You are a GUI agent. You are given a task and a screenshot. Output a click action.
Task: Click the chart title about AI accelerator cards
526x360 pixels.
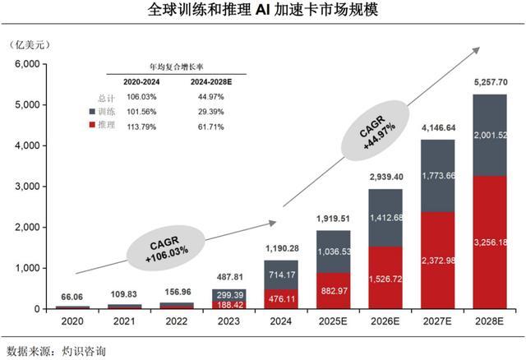(263, 10)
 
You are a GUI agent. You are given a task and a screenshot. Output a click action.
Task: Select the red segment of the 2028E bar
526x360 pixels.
(490, 242)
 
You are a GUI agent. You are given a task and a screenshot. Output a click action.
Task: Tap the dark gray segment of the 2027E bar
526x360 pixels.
(438, 176)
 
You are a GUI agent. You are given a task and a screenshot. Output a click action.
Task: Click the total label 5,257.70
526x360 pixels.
(491, 82)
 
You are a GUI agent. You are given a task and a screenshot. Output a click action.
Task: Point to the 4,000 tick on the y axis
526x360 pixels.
(27, 145)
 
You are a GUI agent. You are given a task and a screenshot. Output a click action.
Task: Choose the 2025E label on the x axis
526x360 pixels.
(333, 321)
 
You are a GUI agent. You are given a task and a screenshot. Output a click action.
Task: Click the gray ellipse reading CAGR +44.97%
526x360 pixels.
(376, 131)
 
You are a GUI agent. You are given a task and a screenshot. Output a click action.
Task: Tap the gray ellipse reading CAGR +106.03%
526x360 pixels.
(165, 248)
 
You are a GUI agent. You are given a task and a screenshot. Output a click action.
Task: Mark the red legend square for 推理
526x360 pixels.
(92, 125)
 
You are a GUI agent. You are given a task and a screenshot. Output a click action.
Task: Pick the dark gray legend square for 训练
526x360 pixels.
(92, 111)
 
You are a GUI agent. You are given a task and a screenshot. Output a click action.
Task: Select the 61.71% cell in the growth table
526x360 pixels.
(210, 127)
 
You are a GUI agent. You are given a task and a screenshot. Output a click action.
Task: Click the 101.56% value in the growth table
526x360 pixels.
(141, 112)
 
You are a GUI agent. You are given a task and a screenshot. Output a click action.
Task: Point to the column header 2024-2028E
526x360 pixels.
(211, 82)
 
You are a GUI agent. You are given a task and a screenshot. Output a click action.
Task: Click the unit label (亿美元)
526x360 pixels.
(30, 44)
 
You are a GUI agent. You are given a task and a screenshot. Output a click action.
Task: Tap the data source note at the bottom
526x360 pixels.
(56, 351)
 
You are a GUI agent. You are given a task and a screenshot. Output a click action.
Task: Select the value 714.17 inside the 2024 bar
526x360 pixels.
(282, 275)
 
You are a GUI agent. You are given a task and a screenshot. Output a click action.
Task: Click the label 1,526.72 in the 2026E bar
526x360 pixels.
(385, 279)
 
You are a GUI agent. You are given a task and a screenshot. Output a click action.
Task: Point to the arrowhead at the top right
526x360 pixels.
(476, 50)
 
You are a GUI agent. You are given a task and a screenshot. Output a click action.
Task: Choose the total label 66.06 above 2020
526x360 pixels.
(72, 297)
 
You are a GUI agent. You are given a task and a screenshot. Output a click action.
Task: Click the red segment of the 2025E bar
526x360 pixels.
(334, 291)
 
